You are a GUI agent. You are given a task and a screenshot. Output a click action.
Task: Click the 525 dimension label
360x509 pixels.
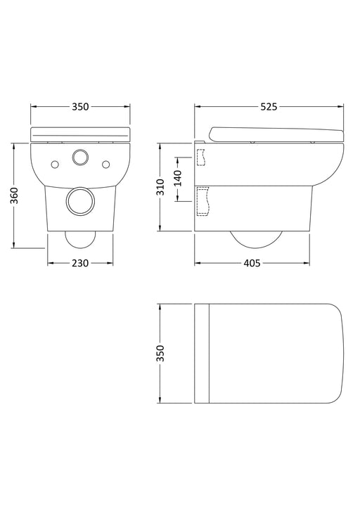click(269, 107)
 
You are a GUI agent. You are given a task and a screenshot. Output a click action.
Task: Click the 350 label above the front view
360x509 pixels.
click(80, 107)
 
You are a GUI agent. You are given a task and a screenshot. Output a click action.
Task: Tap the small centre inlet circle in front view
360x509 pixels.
click(81, 156)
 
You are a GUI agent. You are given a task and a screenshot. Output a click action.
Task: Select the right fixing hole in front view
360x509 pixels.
click(107, 164)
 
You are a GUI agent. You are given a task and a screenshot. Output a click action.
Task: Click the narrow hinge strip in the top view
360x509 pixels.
click(204, 353)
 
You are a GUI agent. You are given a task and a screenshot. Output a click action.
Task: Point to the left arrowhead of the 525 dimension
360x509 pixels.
click(198, 107)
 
